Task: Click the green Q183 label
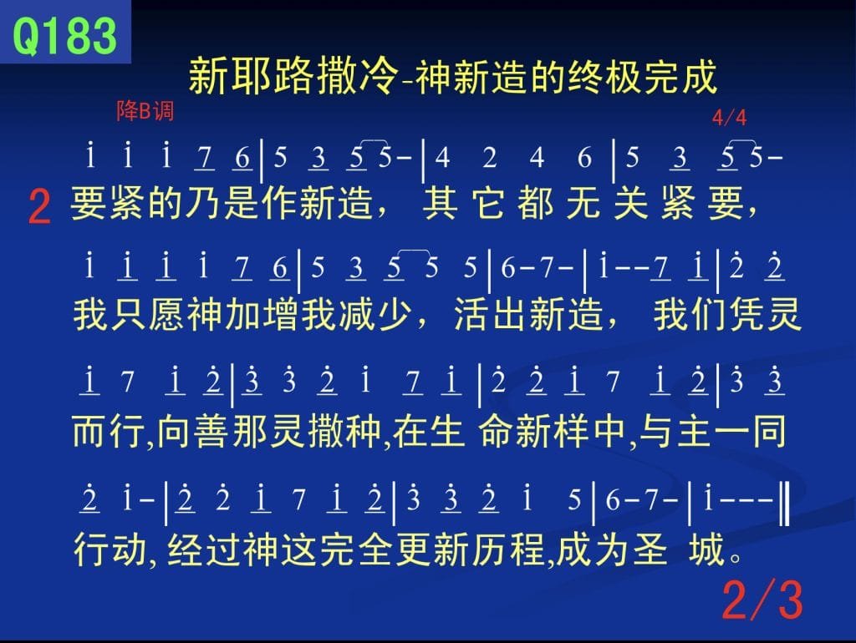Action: pyautogui.click(x=64, y=34)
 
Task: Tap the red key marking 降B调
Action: pyautogui.click(x=145, y=111)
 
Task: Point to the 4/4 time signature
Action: pyautogui.click(x=729, y=117)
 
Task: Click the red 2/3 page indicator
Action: pyautogui.click(x=762, y=600)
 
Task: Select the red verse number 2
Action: pyautogui.click(x=39, y=207)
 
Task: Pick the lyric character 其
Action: pyautogui.click(x=440, y=204)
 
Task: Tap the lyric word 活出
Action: pyautogui.click(x=491, y=315)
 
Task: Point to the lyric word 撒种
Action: pyautogui.click(x=345, y=432)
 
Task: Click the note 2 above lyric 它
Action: pyautogui.click(x=490, y=158)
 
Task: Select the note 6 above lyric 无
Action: pyautogui.click(x=584, y=158)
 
